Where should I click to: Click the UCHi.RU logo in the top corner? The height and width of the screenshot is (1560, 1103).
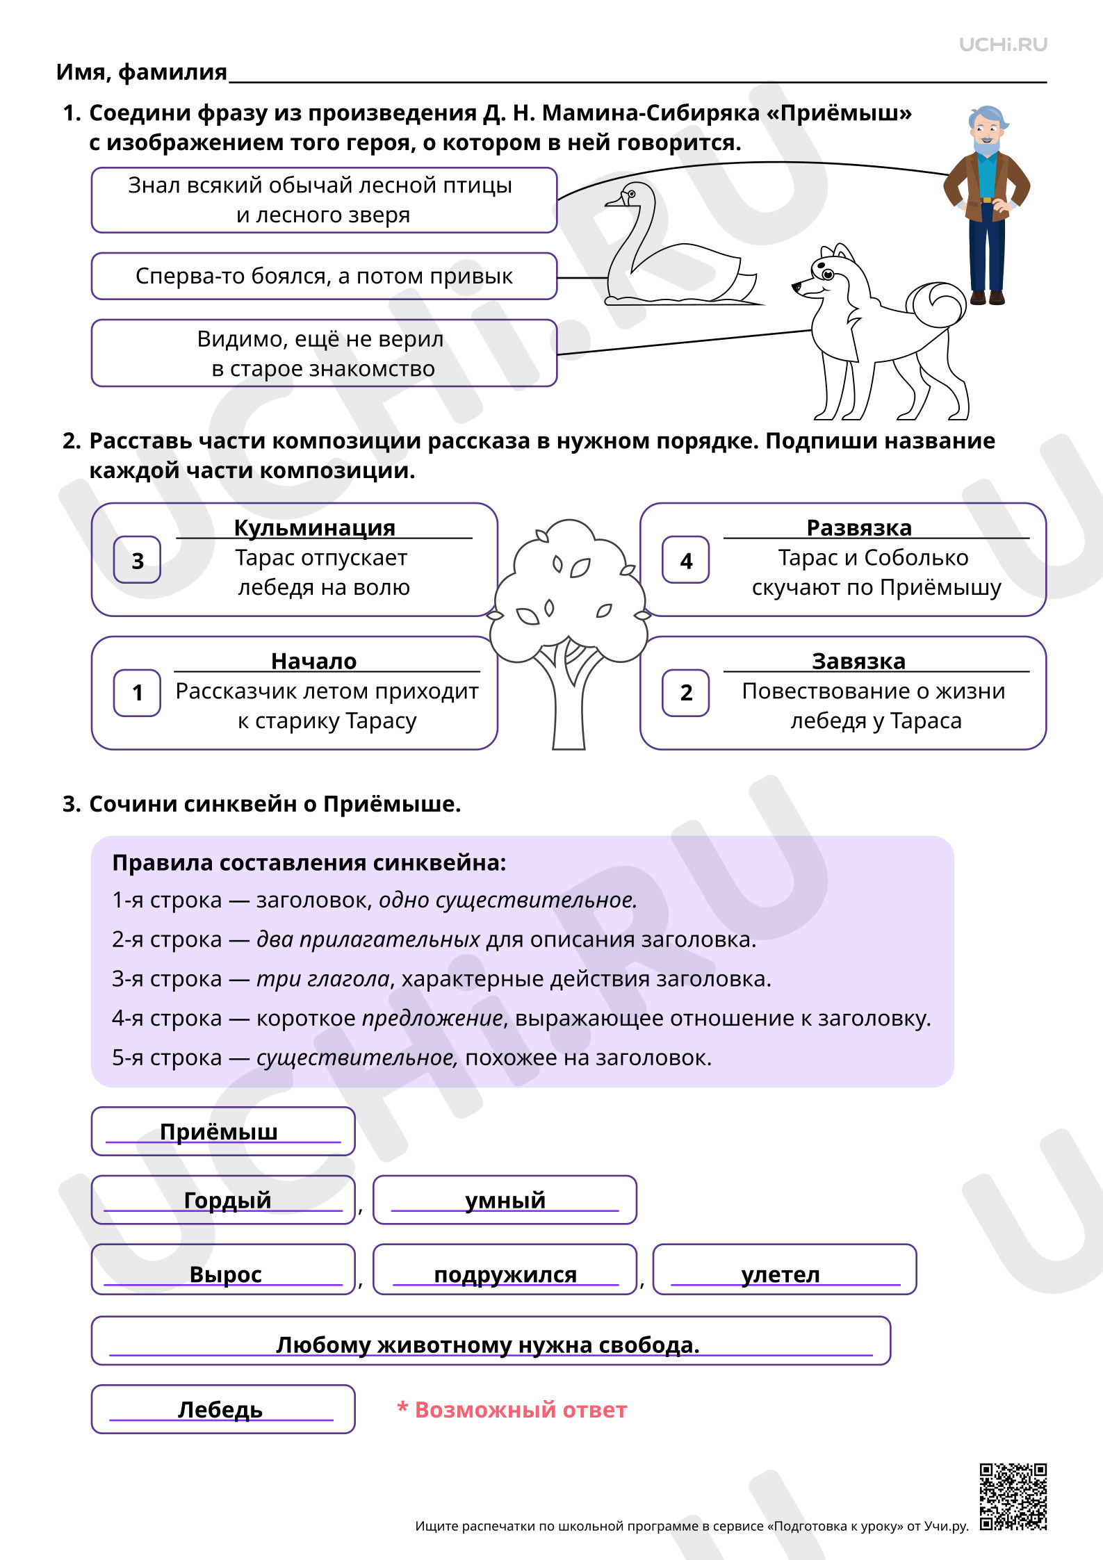pyautogui.click(x=1002, y=45)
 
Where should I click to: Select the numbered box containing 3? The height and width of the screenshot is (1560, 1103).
pyautogui.click(x=137, y=560)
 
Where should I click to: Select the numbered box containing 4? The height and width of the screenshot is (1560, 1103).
pyautogui.click(x=685, y=560)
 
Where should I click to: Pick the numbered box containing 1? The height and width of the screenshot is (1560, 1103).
pyautogui.click(x=137, y=693)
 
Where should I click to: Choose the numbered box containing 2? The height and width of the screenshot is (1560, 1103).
pyautogui.click(x=685, y=693)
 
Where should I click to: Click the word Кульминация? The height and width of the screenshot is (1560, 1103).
pyautogui.click(x=314, y=528)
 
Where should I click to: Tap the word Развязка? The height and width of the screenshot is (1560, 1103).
pyautogui.click(x=859, y=528)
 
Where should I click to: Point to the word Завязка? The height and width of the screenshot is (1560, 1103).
pyautogui.click(x=859, y=662)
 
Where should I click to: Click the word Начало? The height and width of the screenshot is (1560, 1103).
pyautogui.click(x=314, y=662)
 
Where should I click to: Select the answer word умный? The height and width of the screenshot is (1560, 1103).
pyautogui.click(x=505, y=1200)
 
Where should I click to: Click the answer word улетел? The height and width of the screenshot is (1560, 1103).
pyautogui.click(x=781, y=1274)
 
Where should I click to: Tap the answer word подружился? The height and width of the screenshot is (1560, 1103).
pyautogui.click(x=505, y=1274)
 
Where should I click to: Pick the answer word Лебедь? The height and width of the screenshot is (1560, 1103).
pyautogui.click(x=220, y=1409)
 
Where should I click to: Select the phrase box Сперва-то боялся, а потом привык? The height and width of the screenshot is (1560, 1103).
pyautogui.click(x=324, y=276)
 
